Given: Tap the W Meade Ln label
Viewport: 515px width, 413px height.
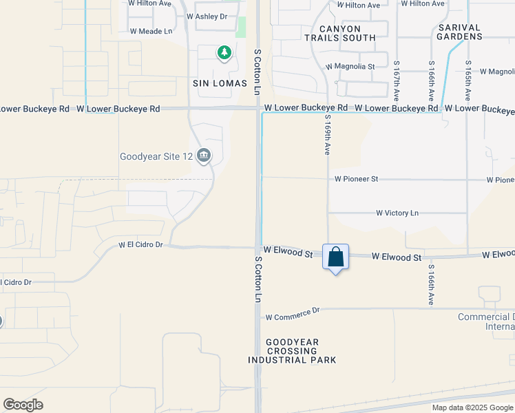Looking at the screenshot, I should coord(151,32).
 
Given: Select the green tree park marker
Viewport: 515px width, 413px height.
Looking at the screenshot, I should coord(224,53).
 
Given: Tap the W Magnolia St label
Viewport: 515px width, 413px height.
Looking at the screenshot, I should coord(350,67).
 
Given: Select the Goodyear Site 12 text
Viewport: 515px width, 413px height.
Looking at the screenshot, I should coord(156,157).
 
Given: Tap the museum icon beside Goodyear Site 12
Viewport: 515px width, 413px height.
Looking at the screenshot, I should coord(203,156).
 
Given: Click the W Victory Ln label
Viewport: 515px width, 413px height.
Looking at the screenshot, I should coord(397,213).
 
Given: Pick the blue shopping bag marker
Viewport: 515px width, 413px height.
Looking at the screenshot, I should coord(336,257).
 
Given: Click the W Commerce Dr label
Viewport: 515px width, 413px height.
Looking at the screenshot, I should coord(293,314).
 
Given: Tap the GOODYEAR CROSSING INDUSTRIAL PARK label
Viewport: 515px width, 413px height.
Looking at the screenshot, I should coord(293,350).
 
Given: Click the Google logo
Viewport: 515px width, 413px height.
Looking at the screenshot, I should coord(23,405).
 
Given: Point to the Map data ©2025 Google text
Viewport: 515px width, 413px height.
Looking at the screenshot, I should coord(472,407).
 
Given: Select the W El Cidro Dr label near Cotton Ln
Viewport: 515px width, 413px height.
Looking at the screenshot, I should coord(140,244).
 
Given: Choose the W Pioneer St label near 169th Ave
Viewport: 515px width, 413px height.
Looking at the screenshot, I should coord(357,179).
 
